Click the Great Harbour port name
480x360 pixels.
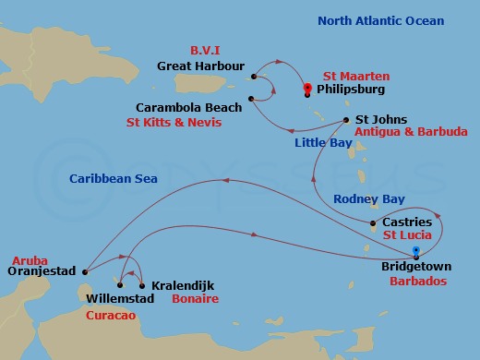click(x=200, y=66)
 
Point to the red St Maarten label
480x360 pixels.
click(x=355, y=76)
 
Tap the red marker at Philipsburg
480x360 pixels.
click(x=307, y=89)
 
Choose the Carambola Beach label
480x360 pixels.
click(x=201, y=108)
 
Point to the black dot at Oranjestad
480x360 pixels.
click(x=85, y=271)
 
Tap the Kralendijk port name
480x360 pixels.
click(x=183, y=287)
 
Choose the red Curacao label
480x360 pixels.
click(x=112, y=315)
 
